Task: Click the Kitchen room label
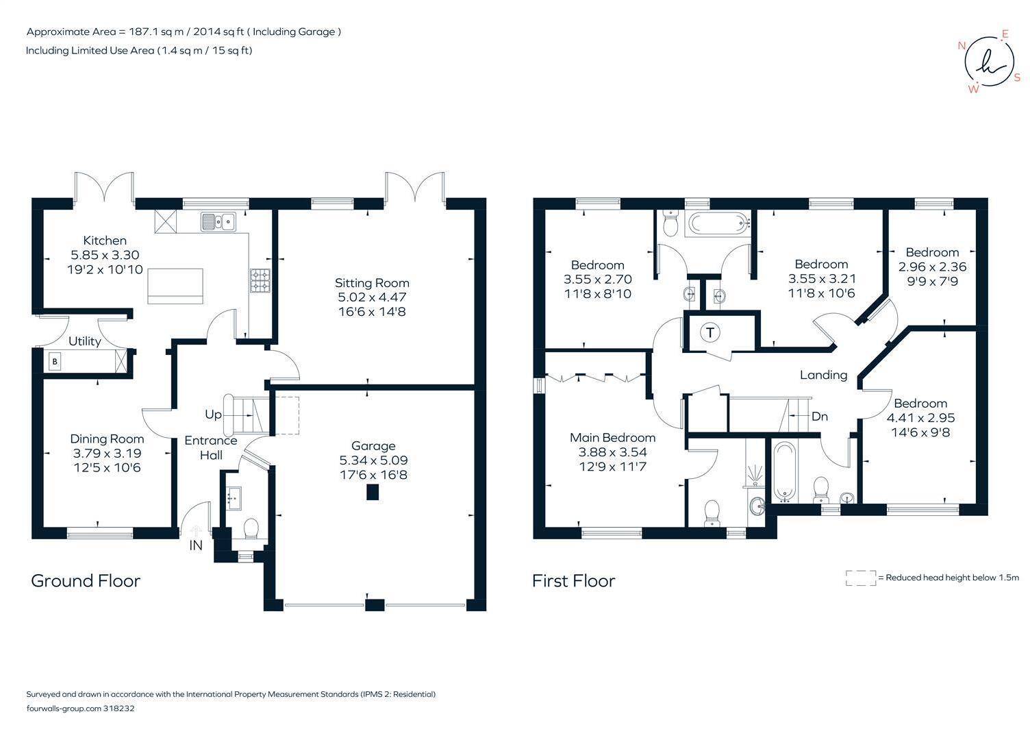click(105, 241)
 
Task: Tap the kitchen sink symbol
click(218, 221)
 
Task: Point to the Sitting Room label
click(372, 282)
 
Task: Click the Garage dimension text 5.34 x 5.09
click(373, 460)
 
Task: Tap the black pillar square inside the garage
click(373, 492)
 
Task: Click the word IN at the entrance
click(196, 545)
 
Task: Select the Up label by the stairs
click(213, 415)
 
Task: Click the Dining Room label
click(107, 439)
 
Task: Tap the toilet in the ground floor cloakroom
click(251, 528)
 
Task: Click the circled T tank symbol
click(710, 333)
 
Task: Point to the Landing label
click(823, 375)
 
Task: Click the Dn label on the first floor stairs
click(819, 416)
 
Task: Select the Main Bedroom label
click(612, 437)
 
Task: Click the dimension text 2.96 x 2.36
click(932, 267)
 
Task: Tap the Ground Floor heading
click(86, 581)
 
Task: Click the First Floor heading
click(573, 581)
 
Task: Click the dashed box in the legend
click(860, 578)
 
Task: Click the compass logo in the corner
click(989, 62)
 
